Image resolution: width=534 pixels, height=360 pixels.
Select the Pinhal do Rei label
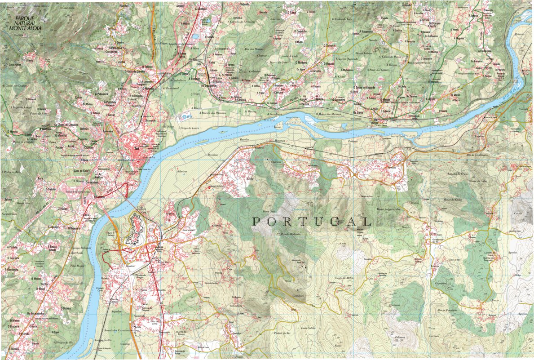pyautogui.click(x=283, y=333)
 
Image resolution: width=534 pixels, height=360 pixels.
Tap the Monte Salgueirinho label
pyautogui.click(x=388, y=209)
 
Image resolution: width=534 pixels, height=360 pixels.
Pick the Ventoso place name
pyautogui.click(x=396, y=305)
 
